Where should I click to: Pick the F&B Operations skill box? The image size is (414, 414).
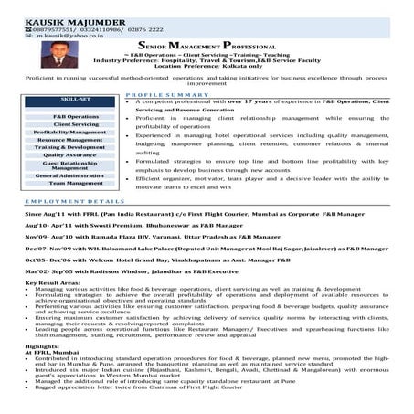click(76, 117)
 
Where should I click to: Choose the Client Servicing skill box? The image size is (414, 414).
click(76, 124)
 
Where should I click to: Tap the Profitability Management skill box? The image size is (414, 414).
click(76, 133)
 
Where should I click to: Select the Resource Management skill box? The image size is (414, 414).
click(76, 140)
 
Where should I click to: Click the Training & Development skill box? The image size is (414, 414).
click(76, 147)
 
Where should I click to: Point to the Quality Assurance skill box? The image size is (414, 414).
click(76, 155)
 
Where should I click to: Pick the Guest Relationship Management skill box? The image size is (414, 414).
click(76, 165)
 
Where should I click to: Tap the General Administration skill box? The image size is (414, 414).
click(76, 175)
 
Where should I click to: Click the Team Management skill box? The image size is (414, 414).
click(76, 183)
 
